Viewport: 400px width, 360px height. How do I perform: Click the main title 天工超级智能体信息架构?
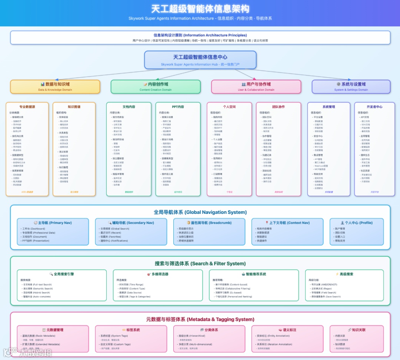pyautogui.click(x=200, y=9)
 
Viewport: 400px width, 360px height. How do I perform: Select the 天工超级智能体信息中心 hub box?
pyautogui.click(x=200, y=60)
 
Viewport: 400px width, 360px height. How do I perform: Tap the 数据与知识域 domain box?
pyautogui.click(x=55, y=87)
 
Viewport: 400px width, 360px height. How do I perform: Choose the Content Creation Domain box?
pyautogui.click(x=156, y=87)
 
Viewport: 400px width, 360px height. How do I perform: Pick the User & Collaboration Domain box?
pyautogui.click(x=256, y=87)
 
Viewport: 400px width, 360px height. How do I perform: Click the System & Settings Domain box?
pyautogui.click(x=351, y=87)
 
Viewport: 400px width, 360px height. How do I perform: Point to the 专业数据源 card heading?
pyautogui.click(x=27, y=107)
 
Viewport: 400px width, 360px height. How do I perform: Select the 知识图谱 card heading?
pyautogui.click(x=74, y=107)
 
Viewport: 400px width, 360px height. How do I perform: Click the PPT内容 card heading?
pyautogui.click(x=177, y=107)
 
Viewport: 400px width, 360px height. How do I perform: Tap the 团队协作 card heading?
pyautogui.click(x=278, y=107)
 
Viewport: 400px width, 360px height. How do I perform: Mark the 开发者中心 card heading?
pyautogui.click(x=374, y=107)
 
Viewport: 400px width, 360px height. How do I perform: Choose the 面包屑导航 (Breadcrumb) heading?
pyautogui.click(x=210, y=223)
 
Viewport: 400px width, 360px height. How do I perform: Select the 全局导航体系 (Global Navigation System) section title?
pyautogui.click(x=200, y=212)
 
